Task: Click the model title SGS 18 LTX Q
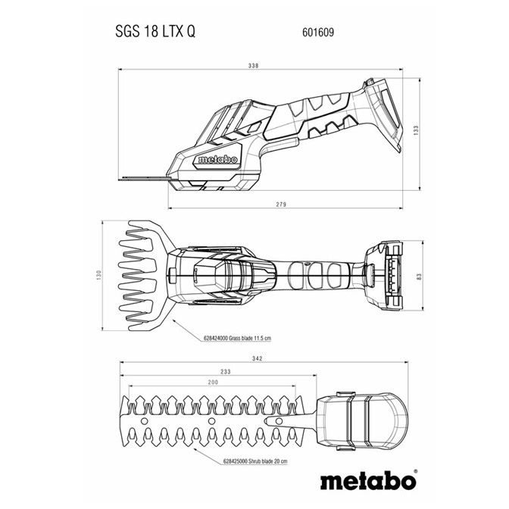pyautogui.click(x=155, y=32)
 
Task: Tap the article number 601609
pyautogui.click(x=318, y=32)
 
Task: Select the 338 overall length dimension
pyautogui.click(x=253, y=66)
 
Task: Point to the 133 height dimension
pyautogui.click(x=417, y=130)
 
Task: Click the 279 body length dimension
pyautogui.click(x=281, y=205)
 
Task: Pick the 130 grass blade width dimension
pyautogui.click(x=99, y=275)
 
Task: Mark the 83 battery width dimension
pyautogui.click(x=419, y=277)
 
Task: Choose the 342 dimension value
pyautogui.click(x=257, y=358)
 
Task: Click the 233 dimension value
pyautogui.click(x=225, y=371)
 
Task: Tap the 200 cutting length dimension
pyautogui.click(x=213, y=382)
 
